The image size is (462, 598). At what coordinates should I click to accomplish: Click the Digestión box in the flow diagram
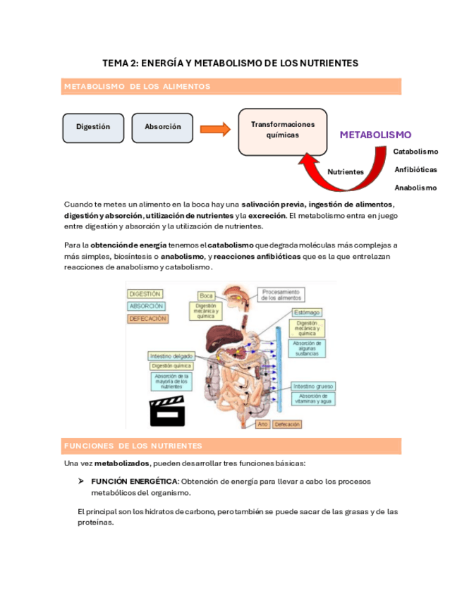point(93,127)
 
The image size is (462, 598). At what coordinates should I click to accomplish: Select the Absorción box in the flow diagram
point(163,127)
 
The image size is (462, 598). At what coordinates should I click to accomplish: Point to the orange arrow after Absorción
point(215,128)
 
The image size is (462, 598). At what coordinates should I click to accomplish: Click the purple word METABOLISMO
point(375,135)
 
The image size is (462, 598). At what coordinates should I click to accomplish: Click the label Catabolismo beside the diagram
point(415,152)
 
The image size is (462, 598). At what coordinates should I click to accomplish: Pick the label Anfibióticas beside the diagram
point(415,170)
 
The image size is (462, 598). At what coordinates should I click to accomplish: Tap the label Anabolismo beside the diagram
point(415,188)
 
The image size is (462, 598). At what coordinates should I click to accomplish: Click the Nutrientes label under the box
point(346,171)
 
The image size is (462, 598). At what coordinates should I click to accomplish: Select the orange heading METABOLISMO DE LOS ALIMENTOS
point(138,87)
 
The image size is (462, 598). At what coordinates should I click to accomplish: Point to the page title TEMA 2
point(230,63)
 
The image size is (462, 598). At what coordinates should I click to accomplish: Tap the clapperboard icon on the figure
point(167,411)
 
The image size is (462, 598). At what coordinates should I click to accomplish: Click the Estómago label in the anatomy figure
point(308,312)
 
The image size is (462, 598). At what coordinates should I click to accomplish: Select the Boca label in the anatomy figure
point(207,295)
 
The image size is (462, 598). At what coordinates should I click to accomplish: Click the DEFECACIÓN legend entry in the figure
point(148,319)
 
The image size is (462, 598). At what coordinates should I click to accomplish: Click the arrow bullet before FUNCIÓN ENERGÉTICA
point(81,481)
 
